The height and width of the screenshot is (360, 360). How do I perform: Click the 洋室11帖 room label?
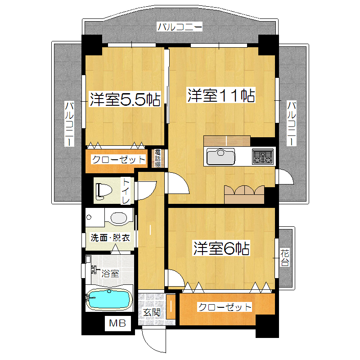[x=221, y=95]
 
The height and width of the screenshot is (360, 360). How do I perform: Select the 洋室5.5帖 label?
[x=125, y=99]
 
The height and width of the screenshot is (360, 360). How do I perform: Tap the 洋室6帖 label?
[x=221, y=248]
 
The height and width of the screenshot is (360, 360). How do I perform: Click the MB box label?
[x=117, y=323]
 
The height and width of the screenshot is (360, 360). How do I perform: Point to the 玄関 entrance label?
[x=152, y=312]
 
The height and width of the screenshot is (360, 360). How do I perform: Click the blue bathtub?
[x=108, y=299]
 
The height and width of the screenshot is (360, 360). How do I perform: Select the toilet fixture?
[x=104, y=190]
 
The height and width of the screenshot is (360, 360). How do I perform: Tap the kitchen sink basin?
[x=220, y=156]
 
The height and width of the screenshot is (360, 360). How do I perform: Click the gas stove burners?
[x=263, y=157]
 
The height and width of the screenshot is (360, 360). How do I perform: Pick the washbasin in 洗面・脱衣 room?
[x=118, y=218]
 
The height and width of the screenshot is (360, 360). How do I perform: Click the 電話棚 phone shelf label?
[x=157, y=158]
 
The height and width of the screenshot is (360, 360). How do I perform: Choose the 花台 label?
[x=285, y=257]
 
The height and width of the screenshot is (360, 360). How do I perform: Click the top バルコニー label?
[x=180, y=27]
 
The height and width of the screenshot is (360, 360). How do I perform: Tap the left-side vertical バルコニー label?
[x=69, y=124]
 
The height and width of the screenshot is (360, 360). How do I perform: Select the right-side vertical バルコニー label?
[x=292, y=123]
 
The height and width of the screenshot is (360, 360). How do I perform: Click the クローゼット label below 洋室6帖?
[x=225, y=307]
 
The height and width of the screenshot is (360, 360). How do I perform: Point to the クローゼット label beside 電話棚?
[x=118, y=159]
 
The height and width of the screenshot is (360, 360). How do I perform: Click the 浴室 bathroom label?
[x=110, y=274]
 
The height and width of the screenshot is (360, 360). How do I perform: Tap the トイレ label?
[x=126, y=191]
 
